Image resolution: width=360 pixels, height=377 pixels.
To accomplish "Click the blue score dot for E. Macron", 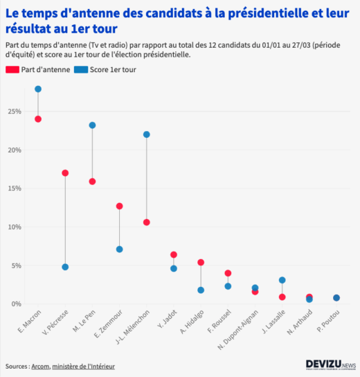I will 38,89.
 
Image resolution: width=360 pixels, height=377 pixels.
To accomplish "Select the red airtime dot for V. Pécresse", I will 65,173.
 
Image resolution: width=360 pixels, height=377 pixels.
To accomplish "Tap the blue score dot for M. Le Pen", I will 92,125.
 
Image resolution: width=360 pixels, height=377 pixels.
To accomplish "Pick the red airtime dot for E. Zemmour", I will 119,206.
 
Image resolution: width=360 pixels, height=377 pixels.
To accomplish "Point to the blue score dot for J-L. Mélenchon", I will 146,134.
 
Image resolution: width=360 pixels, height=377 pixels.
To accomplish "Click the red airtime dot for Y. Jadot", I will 174,254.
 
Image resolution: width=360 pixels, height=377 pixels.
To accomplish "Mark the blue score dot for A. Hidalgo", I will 201,290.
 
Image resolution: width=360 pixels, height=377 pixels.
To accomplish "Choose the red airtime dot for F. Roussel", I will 228,273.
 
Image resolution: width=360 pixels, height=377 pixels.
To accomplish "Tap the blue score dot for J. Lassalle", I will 282,280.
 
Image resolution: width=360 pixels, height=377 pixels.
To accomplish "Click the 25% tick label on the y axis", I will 15,112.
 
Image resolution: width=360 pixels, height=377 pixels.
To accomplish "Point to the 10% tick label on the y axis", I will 15,227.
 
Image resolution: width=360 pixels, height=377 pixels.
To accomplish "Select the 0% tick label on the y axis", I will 16,304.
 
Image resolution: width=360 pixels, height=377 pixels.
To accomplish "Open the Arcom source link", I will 40,366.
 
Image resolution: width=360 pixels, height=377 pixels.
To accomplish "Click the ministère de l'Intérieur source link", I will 83,366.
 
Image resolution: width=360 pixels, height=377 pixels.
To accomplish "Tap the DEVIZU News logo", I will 330,365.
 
